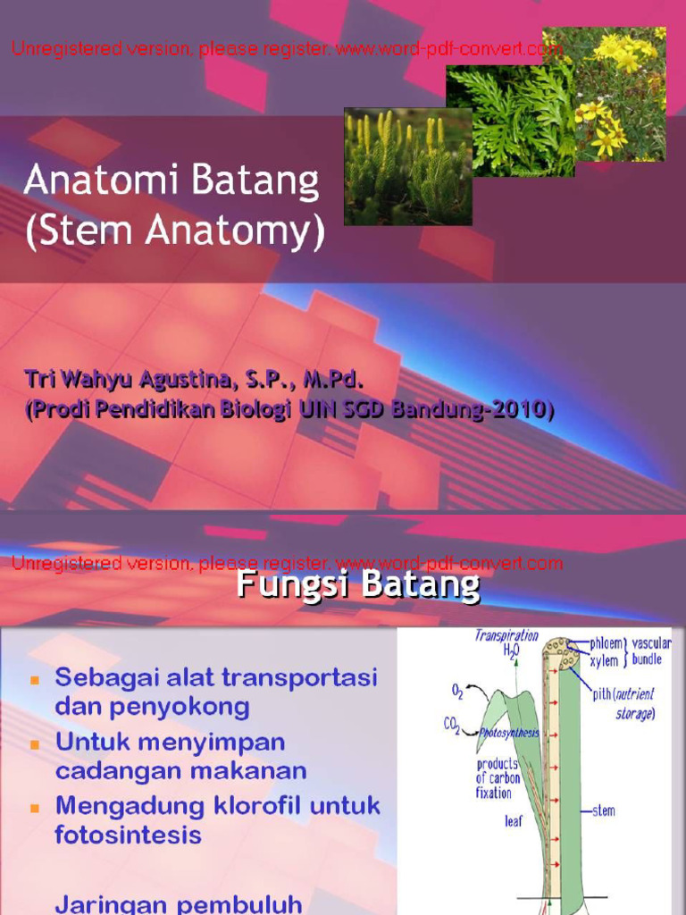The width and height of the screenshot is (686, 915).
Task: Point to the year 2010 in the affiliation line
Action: pos(526,409)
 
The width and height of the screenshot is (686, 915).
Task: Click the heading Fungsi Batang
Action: pos(357,586)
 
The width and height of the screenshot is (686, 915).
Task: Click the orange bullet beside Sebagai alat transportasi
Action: pos(36,679)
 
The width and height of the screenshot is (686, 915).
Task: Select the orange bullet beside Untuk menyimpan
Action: pos(36,744)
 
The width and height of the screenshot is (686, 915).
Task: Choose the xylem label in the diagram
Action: pos(604,661)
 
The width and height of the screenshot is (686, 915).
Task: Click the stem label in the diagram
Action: pos(604,811)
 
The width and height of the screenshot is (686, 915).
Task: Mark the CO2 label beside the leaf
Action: pos(453,726)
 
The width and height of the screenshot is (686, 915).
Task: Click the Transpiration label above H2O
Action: pos(506,635)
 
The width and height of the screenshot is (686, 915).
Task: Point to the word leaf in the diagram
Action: pos(514,821)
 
